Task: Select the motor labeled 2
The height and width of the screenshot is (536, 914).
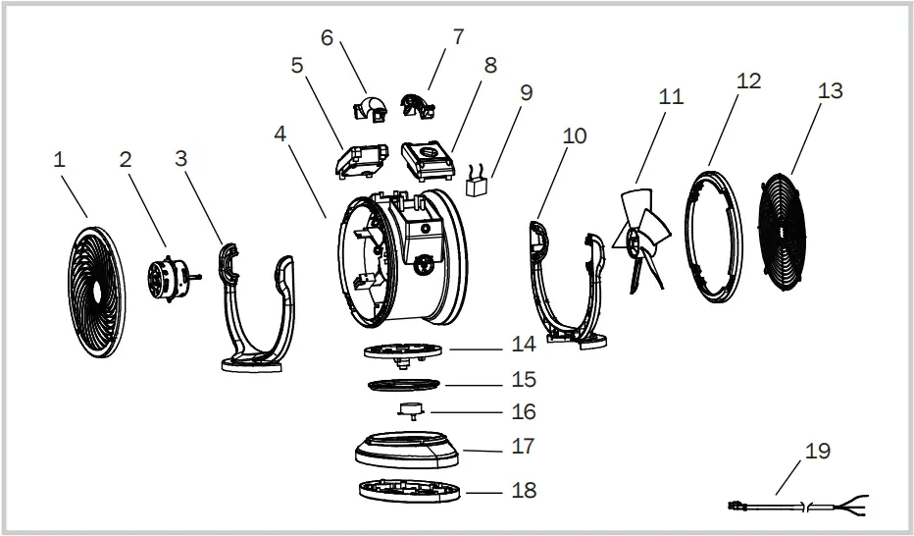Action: click(168, 278)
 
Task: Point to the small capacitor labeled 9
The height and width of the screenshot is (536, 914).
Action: click(479, 187)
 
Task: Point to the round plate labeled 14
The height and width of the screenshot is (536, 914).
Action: click(403, 349)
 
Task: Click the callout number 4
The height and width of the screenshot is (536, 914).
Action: click(281, 133)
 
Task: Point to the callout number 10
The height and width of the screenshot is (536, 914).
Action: click(575, 134)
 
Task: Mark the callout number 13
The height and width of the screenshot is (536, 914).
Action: click(830, 90)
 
